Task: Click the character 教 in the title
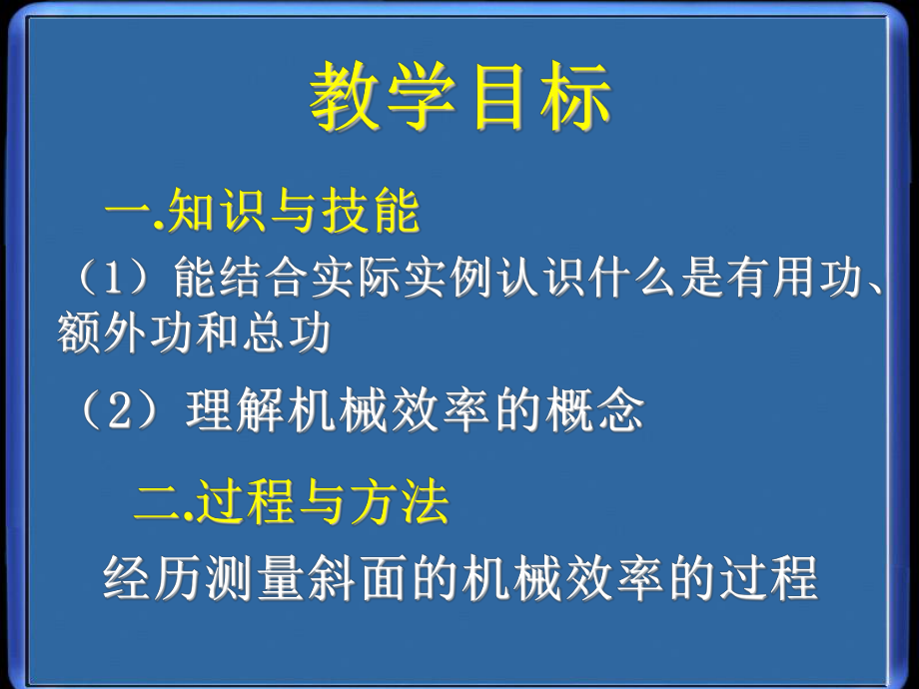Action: coord(345,97)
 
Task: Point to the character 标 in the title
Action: coord(575,97)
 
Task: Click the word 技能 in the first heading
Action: coord(371,211)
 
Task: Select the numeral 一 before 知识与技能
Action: coord(127,212)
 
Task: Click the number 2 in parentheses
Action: coord(119,410)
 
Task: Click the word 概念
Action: coord(594,410)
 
